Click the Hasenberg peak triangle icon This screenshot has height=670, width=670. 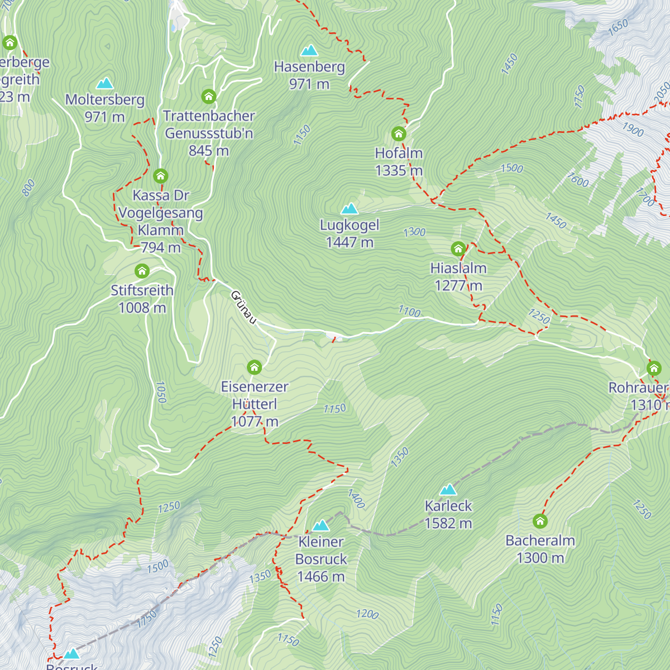pos(309,51)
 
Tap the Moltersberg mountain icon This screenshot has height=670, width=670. pos(104,84)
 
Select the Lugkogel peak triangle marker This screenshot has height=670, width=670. pos(350,209)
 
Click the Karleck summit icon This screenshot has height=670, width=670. pos(448,490)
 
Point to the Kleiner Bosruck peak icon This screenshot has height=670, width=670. pos(320,525)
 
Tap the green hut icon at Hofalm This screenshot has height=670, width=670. pos(398,133)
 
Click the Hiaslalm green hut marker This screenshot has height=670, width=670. pos(458,248)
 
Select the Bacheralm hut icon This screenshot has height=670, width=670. pos(540,521)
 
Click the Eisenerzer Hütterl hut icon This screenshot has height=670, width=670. pos(254,367)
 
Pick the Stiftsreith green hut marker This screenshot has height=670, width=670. pos(142,271)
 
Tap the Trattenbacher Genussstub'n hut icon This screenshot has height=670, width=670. pos(208,96)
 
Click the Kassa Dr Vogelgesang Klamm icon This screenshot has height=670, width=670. pos(160,176)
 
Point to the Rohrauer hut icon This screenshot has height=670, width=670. pos(654,368)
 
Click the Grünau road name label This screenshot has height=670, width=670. pos(243,307)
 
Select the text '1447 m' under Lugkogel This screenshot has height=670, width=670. pos(350,242)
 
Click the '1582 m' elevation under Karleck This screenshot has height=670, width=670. pos(448,523)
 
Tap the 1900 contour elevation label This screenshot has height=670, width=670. pos(633,130)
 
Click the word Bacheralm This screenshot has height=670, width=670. pos(540,540)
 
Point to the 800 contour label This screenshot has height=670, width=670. pos(28,188)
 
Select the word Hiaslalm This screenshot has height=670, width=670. pos(458,268)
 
